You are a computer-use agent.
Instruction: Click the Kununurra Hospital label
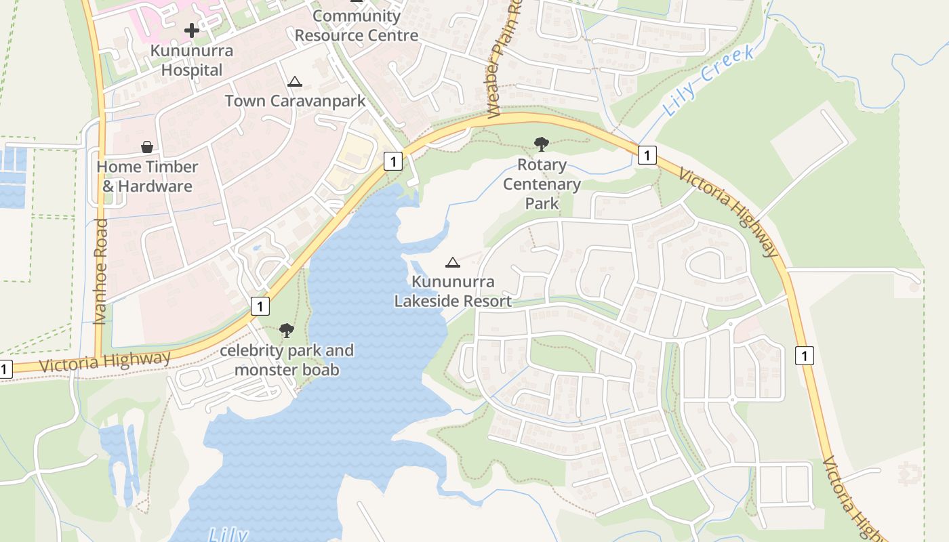pos(192,60)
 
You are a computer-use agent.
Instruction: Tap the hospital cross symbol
pos(192,30)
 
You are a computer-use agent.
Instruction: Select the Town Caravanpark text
pos(295,101)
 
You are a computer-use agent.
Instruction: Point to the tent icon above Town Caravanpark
pos(294,82)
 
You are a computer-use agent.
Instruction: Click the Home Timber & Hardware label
pos(147,176)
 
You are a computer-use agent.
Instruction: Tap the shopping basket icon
pos(146,147)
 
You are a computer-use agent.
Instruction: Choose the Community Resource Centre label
pos(357,26)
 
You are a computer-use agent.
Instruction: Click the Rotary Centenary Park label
pos(542,184)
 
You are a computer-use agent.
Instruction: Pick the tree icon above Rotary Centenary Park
pos(541,144)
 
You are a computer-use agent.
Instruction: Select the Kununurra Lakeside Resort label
pos(453,291)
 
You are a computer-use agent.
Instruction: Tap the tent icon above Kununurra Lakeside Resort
pos(452,263)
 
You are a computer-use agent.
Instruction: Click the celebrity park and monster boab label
pos(287,360)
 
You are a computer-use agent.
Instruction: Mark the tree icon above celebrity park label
pos(287,331)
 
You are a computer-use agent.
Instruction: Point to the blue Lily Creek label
pos(708,81)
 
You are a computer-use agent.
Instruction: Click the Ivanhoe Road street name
pos(100,271)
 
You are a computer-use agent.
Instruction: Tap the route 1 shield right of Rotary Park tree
pos(647,155)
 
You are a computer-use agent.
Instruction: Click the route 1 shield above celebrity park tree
pos(260,306)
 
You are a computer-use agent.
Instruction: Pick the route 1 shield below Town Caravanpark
pos(392,161)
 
